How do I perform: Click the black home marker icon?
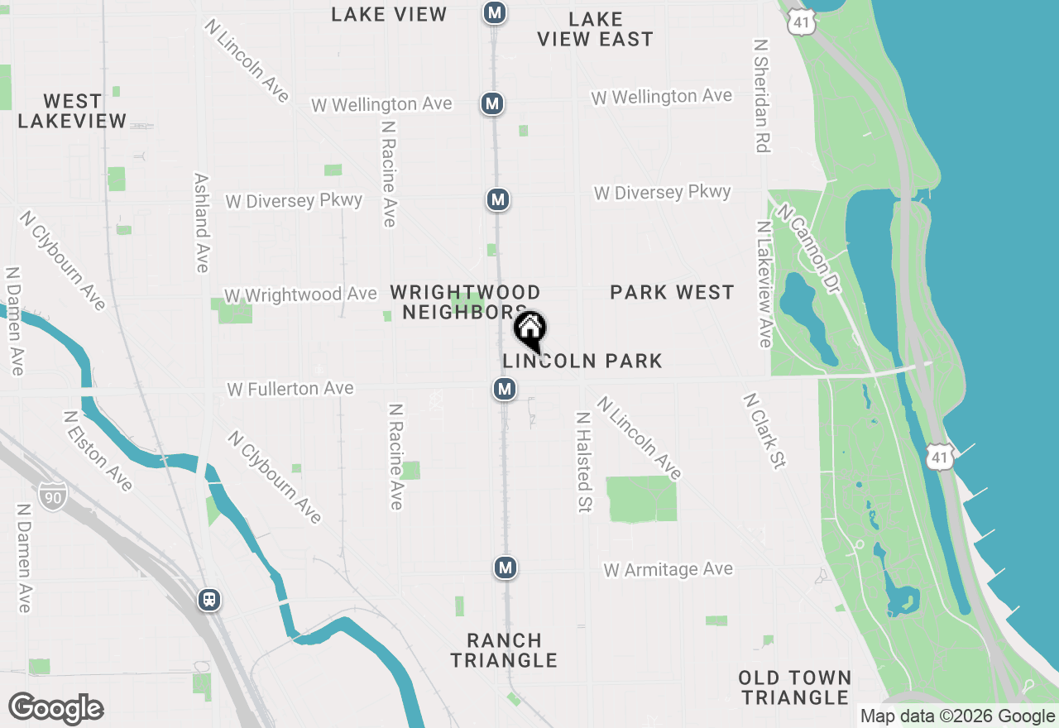(530, 329)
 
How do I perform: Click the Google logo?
(55, 709)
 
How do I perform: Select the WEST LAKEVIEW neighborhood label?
(72, 111)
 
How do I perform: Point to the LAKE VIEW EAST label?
(595, 29)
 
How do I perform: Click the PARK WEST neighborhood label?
(672, 292)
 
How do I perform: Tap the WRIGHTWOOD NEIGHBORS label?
(465, 302)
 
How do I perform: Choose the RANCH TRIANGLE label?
(505, 650)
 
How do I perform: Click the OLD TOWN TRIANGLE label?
(795, 687)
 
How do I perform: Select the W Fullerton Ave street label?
(290, 388)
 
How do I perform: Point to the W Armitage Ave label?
(668, 569)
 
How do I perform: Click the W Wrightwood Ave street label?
(300, 295)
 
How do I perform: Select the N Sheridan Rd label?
(762, 94)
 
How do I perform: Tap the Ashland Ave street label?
(201, 222)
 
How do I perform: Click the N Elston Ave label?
(97, 451)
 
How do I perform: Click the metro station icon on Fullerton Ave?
(505, 389)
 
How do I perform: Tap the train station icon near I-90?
(209, 600)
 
